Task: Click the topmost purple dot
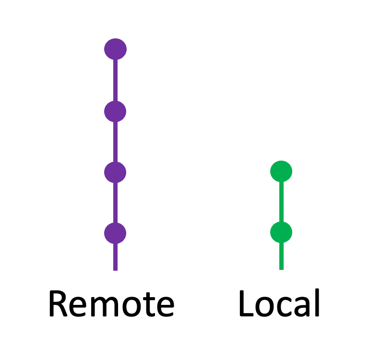pos(116,49)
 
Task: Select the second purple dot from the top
pos(115,111)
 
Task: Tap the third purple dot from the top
pos(115,172)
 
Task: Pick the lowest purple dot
pos(115,233)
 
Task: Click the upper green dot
pos(281,171)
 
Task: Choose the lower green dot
pos(281,232)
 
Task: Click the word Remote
pos(112,303)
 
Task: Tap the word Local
pos(279,302)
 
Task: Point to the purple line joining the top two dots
pos(116,81)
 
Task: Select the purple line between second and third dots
pos(116,142)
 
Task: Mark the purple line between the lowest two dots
pos(116,202)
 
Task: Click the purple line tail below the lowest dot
pos(116,257)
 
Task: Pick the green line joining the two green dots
pos(281,202)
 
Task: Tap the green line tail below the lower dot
pos(281,256)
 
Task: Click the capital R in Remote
pos(58,303)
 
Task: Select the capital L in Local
pos(247,303)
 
